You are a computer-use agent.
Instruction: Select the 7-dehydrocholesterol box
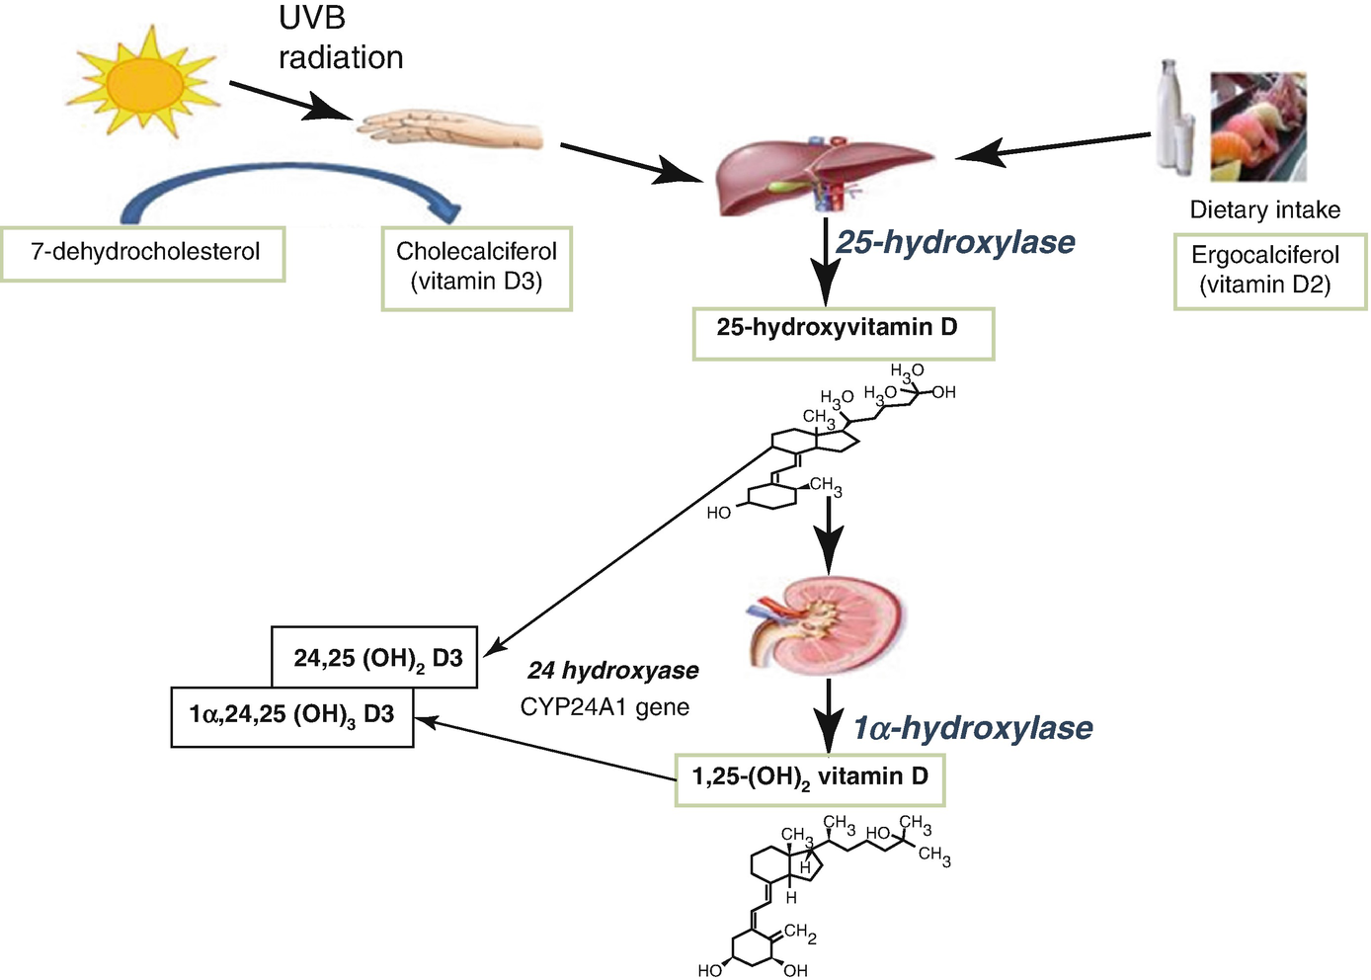pos(144,253)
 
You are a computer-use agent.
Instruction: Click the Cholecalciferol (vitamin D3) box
pos(476,268)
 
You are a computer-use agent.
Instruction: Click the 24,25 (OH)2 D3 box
pos(375,658)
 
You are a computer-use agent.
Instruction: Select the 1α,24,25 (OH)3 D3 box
pos(291,715)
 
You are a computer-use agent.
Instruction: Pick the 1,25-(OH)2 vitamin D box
pos(810,777)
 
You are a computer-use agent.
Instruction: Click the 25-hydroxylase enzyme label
pos(955,242)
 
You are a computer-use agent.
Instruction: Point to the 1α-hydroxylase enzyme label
pos(973,728)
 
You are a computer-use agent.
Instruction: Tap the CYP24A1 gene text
pos(605,707)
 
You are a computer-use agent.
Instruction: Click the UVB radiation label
pos(340,40)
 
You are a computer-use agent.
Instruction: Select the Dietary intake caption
pos(1264,209)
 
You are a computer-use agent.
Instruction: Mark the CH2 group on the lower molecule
pos(799,932)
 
